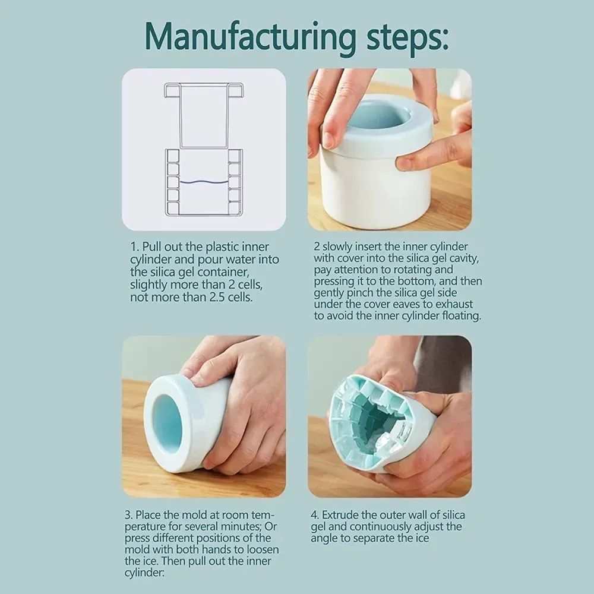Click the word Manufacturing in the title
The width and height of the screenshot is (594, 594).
[x=250, y=38]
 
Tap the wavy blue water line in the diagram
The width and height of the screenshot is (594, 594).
[x=204, y=182]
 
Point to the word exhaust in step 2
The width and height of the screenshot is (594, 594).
[x=454, y=304]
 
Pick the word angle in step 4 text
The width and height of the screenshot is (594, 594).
[x=324, y=539]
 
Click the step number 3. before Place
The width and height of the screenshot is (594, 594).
[x=129, y=515]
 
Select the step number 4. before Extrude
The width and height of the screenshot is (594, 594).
[x=315, y=515]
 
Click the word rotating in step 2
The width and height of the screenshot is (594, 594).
[x=413, y=270]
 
